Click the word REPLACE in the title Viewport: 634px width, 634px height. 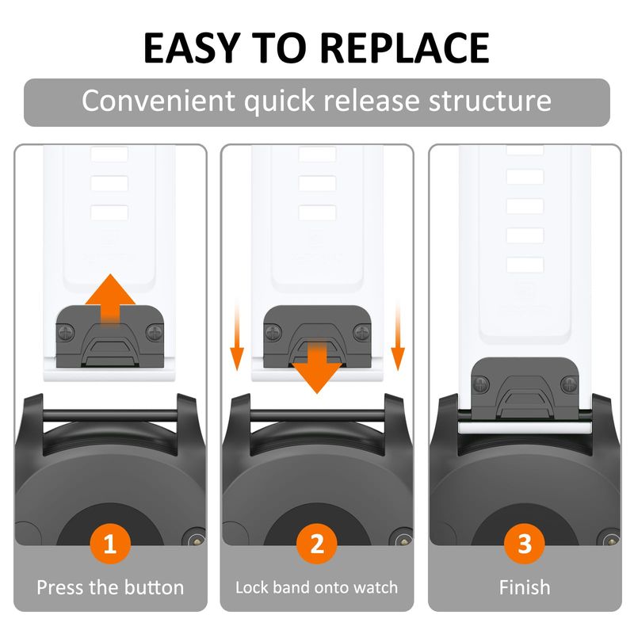[x=407, y=48]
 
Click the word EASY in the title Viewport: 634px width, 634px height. [x=193, y=48]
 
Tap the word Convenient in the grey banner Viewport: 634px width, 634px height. [x=158, y=101]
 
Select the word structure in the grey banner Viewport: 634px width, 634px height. [x=490, y=101]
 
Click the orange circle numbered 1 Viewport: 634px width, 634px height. [x=110, y=544]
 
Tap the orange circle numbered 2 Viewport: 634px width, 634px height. [x=317, y=544]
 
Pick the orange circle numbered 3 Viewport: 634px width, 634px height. [x=525, y=544]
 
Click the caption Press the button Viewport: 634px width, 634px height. [x=110, y=587]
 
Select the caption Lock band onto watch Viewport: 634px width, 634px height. [x=317, y=587]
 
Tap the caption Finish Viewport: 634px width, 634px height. [x=525, y=587]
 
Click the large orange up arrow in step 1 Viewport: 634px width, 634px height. [x=110, y=297]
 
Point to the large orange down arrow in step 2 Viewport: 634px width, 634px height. [x=317, y=368]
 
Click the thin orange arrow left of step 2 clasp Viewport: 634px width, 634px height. [x=237, y=335]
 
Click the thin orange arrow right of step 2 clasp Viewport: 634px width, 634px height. [x=398, y=335]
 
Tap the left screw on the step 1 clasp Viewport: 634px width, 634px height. [x=66, y=333]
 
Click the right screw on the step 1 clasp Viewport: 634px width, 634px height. [x=155, y=333]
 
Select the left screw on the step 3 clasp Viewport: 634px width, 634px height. [x=481, y=384]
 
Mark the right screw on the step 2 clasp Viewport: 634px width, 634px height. [x=362, y=333]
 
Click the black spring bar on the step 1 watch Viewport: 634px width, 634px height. [x=110, y=415]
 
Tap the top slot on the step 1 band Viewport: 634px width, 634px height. [x=109, y=154]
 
